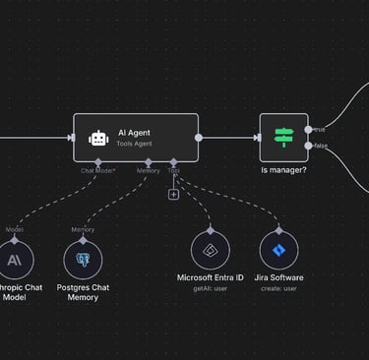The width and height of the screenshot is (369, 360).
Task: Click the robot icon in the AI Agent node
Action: click(97, 138)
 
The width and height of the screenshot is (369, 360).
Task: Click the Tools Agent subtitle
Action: click(136, 144)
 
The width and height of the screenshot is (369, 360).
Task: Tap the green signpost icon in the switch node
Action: click(283, 138)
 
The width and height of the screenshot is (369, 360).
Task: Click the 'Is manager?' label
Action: click(283, 170)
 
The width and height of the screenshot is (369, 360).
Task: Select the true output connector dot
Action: click(308, 129)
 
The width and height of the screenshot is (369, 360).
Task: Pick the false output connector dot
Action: click(308, 146)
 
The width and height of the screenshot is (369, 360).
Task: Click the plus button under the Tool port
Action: click(173, 194)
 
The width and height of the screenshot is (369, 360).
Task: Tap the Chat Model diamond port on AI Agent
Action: click(98, 161)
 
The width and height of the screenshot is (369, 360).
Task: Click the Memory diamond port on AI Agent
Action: click(149, 161)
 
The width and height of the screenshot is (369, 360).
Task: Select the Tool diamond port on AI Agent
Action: click(173, 161)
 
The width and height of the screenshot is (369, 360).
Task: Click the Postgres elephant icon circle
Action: click(83, 259)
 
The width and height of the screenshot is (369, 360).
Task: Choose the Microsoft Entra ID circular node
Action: click(211, 251)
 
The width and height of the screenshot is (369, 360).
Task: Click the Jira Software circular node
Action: click(279, 251)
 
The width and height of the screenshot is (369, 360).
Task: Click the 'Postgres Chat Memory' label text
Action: click(83, 292)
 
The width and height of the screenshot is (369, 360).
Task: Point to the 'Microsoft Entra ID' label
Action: click(211, 277)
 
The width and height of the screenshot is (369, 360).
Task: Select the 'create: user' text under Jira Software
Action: click(279, 289)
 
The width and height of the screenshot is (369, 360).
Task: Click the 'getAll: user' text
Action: click(211, 289)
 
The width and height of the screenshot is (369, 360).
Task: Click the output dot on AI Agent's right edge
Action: click(199, 138)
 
